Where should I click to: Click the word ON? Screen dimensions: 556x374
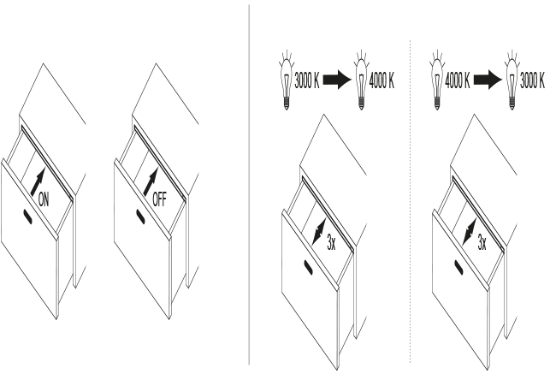(x=44, y=199)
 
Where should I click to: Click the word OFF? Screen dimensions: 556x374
(x=159, y=199)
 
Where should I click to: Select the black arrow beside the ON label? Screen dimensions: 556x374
(x=38, y=181)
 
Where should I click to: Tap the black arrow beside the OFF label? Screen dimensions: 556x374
(x=151, y=181)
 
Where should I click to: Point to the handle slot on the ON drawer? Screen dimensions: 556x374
(x=28, y=217)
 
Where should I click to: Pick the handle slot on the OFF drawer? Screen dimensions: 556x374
(x=141, y=217)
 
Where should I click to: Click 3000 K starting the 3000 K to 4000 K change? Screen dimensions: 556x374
(x=307, y=81)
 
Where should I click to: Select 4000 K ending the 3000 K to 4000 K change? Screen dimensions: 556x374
(x=382, y=81)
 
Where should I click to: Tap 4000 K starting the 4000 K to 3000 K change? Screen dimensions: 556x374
(x=458, y=81)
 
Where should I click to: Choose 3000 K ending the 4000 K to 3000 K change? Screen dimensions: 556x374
(x=532, y=81)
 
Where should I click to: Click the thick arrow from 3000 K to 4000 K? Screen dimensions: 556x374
(x=337, y=80)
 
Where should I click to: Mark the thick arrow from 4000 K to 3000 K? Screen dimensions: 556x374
(x=488, y=80)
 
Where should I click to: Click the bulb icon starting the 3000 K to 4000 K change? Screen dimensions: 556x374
(x=287, y=81)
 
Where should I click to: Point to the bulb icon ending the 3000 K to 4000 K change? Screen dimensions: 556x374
(x=361, y=81)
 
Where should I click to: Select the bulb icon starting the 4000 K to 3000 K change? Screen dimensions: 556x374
(x=437, y=81)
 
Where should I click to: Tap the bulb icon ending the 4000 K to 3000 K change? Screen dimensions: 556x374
(x=512, y=81)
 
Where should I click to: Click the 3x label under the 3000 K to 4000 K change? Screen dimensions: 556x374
(x=331, y=243)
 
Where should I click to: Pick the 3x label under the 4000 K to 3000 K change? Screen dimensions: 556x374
(x=482, y=243)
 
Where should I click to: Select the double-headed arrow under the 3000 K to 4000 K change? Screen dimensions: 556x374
(x=319, y=232)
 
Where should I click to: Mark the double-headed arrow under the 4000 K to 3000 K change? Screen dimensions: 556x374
(x=470, y=232)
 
